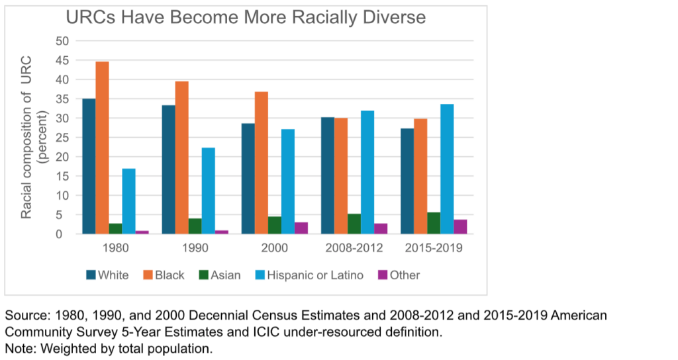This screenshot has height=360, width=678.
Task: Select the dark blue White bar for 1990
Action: coord(168,169)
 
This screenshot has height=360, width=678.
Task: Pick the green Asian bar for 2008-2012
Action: coord(354,224)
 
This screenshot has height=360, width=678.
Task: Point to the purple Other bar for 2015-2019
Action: coord(460,226)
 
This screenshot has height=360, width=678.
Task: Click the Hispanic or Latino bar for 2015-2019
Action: coord(447,169)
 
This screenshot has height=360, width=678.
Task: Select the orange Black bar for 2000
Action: coord(261,163)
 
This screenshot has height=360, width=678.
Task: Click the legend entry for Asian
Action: coord(221,275)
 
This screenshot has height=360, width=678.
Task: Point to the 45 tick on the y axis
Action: coord(62,60)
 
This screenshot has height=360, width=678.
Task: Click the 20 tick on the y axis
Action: coord(62,157)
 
